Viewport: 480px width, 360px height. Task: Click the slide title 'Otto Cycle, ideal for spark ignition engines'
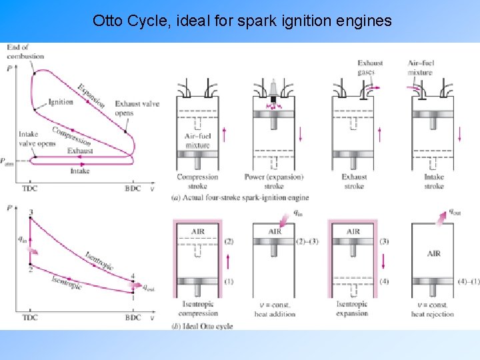click(x=242, y=21)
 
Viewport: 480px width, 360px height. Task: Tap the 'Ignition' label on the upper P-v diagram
click(x=61, y=102)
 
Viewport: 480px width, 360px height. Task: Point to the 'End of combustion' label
click(x=25, y=51)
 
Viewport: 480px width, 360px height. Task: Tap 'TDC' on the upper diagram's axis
click(x=30, y=188)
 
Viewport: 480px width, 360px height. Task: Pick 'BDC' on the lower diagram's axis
click(x=133, y=317)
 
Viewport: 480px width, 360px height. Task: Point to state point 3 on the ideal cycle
click(x=31, y=212)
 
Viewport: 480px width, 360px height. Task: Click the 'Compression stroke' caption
click(x=197, y=181)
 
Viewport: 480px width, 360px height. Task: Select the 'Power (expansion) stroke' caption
click(x=275, y=181)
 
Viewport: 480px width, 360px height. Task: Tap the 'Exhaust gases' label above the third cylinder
click(x=370, y=67)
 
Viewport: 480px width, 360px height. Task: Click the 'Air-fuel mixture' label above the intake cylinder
click(x=420, y=67)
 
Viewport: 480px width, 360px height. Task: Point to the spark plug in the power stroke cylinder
click(x=274, y=90)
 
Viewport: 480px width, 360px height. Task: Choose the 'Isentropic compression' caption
click(x=197, y=309)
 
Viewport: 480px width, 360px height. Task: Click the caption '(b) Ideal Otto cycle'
click(x=203, y=326)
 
